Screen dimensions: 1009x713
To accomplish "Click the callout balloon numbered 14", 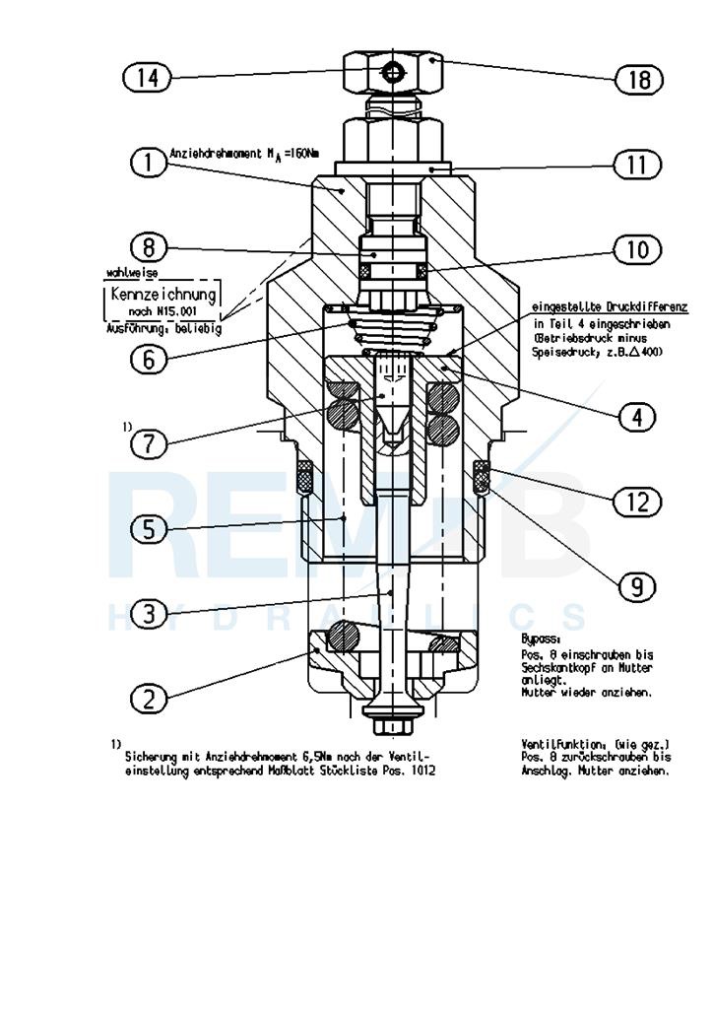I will [148, 77].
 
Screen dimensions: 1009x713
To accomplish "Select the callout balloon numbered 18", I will [639, 79].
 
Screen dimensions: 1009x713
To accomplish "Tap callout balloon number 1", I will [148, 162].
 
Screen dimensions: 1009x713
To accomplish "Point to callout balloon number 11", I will [637, 164].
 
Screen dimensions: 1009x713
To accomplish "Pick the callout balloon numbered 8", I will [148, 246].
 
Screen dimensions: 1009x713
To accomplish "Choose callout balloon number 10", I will [637, 249].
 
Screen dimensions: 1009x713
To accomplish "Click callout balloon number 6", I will [148, 359].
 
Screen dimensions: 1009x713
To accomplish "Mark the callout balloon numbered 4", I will [637, 417].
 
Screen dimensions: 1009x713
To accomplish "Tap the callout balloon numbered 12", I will [637, 502].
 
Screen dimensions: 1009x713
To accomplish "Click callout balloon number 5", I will [148, 529].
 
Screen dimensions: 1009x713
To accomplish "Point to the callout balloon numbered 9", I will [637, 587].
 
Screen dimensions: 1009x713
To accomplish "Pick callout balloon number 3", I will [148, 614].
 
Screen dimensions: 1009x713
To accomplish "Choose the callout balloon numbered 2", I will [148, 699].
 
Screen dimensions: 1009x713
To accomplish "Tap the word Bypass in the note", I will [539, 639].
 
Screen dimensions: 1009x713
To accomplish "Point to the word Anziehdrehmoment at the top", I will [205, 154].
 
